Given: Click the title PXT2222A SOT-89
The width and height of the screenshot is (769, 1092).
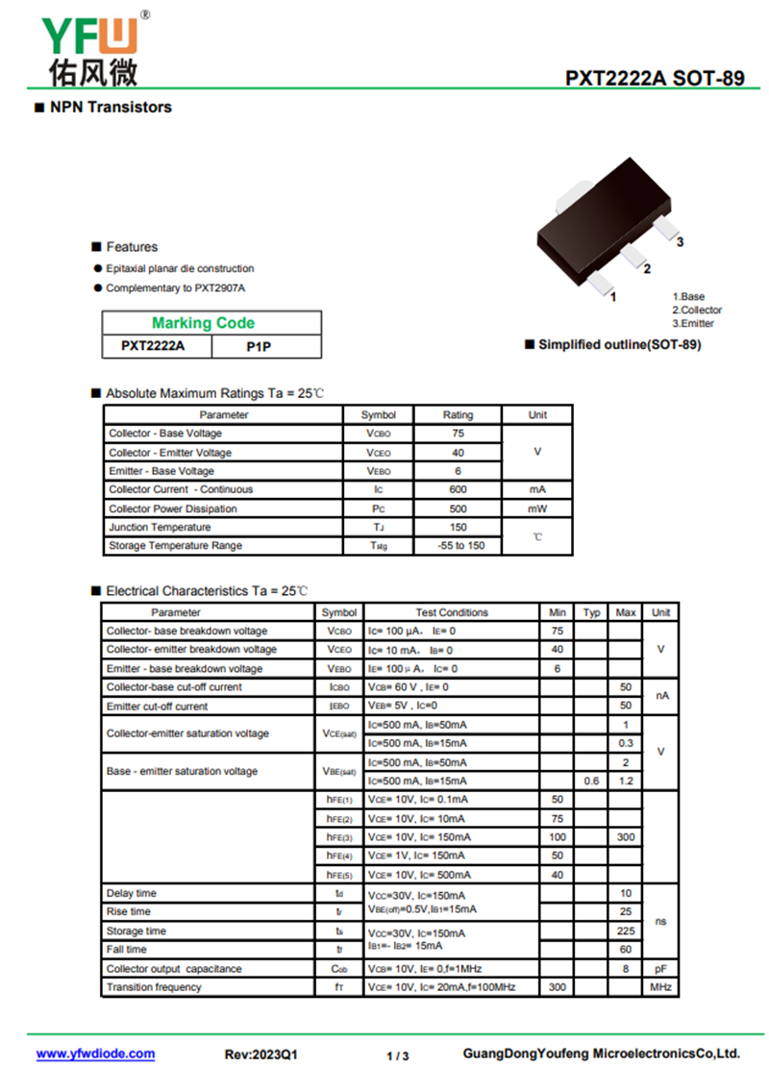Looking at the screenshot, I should [x=654, y=78].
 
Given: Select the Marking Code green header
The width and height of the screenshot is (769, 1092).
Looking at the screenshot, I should [x=203, y=323].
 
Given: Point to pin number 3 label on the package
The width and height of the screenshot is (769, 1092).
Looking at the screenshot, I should [x=680, y=242].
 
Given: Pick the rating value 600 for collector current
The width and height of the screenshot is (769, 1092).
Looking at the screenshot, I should [x=458, y=489].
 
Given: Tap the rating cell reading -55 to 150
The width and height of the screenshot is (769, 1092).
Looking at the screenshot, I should [x=458, y=545].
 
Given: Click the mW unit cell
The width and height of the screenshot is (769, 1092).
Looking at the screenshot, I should [x=537, y=509].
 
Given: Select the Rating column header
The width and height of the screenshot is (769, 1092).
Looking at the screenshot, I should [x=458, y=415].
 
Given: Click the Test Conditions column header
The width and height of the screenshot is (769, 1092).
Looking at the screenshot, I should [x=452, y=612].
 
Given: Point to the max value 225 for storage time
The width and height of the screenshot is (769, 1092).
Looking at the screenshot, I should [x=626, y=931].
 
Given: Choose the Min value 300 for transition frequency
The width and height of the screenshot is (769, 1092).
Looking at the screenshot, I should [x=557, y=987].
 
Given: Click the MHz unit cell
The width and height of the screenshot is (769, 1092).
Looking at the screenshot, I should [x=660, y=987].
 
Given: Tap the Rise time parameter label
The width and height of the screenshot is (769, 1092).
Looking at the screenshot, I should [x=128, y=911].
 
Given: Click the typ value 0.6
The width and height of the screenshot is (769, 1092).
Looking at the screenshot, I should [x=591, y=781].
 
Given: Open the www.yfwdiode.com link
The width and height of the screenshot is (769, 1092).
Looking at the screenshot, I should [x=95, y=1054].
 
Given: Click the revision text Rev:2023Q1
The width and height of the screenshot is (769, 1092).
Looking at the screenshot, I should [x=261, y=1055].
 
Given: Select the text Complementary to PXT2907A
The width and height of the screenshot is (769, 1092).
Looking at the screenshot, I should [x=176, y=288].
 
